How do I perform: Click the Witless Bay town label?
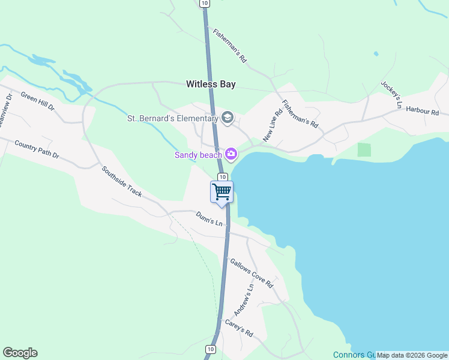point(210,85)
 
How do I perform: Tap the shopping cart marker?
point(222,192)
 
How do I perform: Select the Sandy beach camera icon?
point(231,155)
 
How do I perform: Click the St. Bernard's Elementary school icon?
point(228,118)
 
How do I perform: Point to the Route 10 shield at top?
point(205,4)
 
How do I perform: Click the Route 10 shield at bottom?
point(210,349)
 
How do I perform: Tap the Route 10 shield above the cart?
point(222,176)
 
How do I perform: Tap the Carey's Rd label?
point(239,327)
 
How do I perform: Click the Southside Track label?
point(121,181)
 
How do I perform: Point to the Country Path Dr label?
point(37,149)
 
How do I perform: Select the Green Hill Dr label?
point(37,101)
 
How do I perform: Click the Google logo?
point(20,353)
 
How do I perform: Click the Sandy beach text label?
point(198,155)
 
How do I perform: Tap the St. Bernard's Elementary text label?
point(172,118)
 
